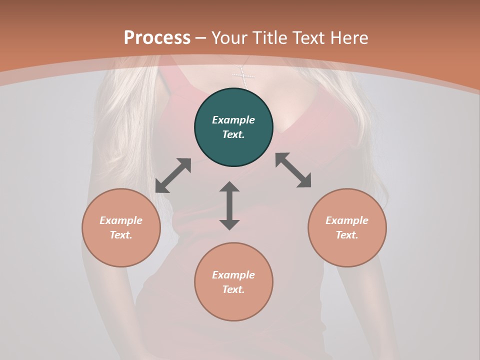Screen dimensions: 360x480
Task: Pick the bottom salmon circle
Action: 233,305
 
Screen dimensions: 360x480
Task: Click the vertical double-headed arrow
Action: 229,205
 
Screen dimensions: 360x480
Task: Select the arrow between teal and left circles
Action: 173,175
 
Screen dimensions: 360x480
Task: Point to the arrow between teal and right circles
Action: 293,170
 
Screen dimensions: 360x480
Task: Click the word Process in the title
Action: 157,37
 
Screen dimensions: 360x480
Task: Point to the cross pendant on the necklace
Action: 243,77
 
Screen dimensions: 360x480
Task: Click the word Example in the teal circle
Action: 233,120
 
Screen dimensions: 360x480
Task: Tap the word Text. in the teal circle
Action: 233,134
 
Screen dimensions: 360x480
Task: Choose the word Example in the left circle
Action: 121,220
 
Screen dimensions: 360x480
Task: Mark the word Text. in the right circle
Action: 347,235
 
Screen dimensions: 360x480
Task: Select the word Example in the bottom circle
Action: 233,275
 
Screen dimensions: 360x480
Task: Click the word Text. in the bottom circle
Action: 233,289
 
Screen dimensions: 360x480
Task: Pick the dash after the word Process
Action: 201,38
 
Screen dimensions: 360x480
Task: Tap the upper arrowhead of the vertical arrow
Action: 229,186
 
